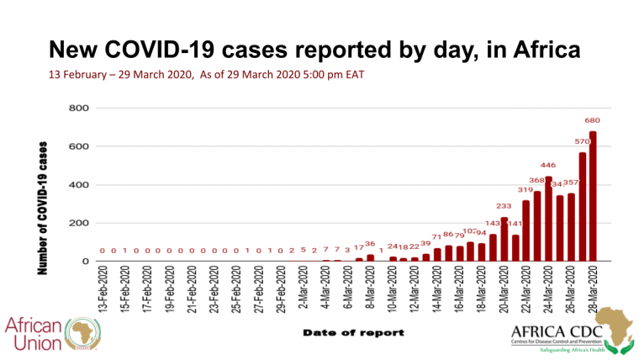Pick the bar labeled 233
point(504,239)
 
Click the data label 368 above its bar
point(536,179)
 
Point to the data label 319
point(525,190)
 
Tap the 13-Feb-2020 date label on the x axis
point(103,291)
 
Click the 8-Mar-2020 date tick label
point(370,291)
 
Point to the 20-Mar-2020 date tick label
point(504,291)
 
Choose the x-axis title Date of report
point(352,332)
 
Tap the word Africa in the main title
point(539,49)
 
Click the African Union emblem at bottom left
point(82,331)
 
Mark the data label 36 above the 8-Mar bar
point(370,244)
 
